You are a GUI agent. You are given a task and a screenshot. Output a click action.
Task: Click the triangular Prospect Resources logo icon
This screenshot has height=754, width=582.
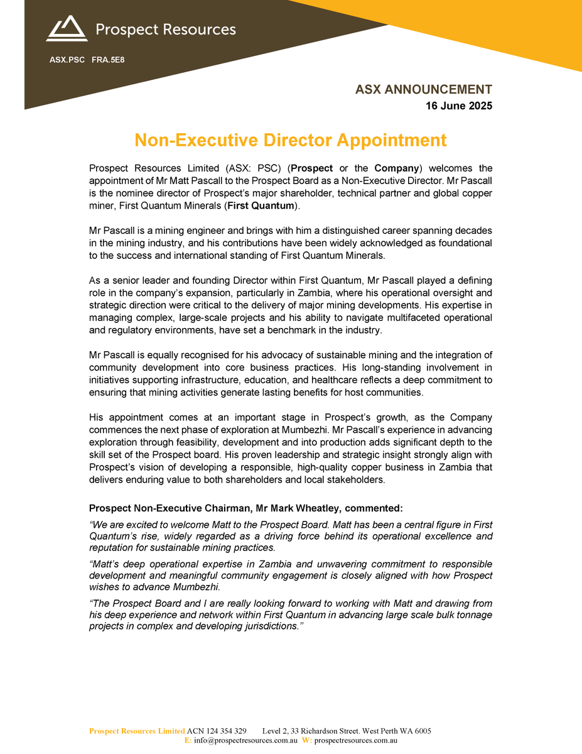pos(66,29)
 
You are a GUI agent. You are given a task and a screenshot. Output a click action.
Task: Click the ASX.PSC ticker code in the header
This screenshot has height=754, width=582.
pos(67,60)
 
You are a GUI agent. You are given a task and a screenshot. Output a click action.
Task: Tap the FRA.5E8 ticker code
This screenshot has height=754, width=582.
pos(108,60)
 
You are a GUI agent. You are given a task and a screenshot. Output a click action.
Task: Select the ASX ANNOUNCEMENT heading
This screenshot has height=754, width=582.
pos(424,90)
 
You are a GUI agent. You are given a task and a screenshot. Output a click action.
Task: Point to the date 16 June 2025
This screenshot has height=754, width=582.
pos(459,106)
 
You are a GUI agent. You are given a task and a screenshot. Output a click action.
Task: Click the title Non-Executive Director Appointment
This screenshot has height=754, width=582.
pos(291,139)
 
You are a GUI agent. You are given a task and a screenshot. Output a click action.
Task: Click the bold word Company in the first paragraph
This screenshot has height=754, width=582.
pos(396,168)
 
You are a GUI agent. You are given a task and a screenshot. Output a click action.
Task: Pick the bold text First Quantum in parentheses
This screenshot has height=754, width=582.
pos(261,206)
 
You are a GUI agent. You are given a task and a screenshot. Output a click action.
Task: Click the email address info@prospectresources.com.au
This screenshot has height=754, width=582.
pos(245,741)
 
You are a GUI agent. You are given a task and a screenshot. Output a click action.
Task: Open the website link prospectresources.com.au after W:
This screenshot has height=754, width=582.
pos(355,741)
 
